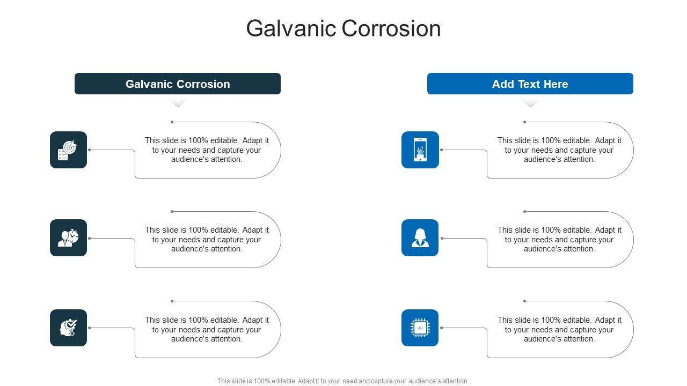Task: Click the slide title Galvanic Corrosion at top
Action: (x=343, y=28)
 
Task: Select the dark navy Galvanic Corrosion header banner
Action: (x=178, y=84)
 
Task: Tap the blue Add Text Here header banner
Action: (x=530, y=84)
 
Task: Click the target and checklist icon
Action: (x=68, y=150)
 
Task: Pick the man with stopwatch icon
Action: (x=68, y=237)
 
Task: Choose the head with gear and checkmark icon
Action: (x=68, y=328)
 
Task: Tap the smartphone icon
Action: (x=420, y=150)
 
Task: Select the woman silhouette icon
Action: (x=420, y=237)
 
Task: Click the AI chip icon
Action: (x=420, y=328)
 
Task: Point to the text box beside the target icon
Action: (x=207, y=150)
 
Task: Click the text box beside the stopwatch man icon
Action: (x=207, y=239)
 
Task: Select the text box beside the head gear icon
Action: (x=207, y=329)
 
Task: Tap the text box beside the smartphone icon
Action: (x=559, y=150)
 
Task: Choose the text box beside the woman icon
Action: (x=559, y=239)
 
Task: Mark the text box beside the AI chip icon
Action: (x=559, y=329)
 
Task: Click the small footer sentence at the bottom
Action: (x=343, y=381)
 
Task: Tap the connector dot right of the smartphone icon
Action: (x=442, y=150)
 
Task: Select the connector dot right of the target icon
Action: (x=90, y=150)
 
